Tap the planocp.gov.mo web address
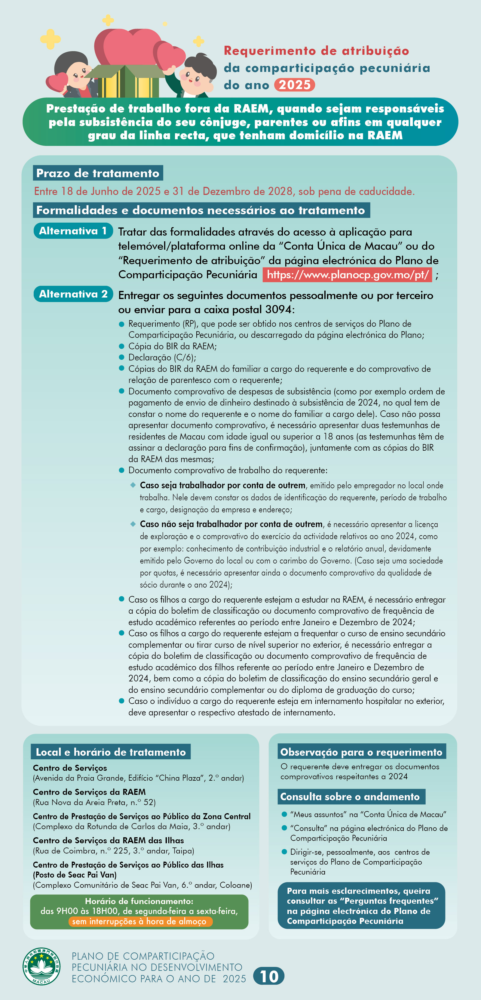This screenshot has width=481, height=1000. pos(348,274)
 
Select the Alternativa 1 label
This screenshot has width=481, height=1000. pos(73,230)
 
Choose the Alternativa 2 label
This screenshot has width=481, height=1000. pos(73,294)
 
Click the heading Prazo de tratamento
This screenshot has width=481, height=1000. pos(98,173)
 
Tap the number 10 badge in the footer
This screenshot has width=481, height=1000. pos(269,976)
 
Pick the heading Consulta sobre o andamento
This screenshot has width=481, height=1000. pos(350,797)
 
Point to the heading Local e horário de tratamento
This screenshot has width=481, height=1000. pos(111,752)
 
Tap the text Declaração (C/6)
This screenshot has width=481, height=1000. pos(162,357)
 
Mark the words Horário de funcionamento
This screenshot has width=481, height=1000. pos(139,901)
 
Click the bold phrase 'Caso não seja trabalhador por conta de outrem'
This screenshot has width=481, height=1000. pos(231,524)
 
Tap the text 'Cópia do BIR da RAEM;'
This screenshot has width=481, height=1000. pos(172,346)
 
